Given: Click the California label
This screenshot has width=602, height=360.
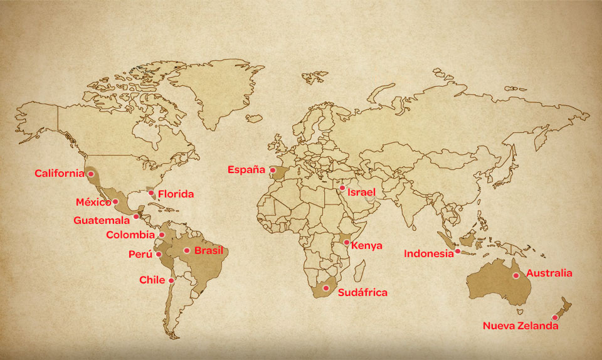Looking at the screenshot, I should coord(59,173).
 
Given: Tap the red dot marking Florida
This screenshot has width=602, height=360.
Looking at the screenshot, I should coord(151,193).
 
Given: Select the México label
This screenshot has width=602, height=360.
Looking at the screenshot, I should coord(93,202).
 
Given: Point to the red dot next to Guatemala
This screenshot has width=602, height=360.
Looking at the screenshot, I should coord(136,216).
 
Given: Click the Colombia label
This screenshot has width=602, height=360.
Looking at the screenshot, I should coord(130,235).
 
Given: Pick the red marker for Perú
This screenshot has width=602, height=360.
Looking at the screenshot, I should coord(159,254).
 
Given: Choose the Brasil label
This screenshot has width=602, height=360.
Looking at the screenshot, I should coord(209,250).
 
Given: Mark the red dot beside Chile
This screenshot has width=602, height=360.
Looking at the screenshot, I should coord(171,280).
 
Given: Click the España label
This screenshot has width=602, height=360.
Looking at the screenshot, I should coord(247,169).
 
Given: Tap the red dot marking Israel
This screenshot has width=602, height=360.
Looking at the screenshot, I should coord(342,188).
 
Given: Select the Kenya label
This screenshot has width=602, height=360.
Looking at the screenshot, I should coord(367,246).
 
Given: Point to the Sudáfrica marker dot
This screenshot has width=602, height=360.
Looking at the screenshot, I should coord(325,288).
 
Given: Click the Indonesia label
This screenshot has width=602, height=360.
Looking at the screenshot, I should coord(428,254).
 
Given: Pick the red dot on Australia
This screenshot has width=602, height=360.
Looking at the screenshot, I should coord(515,275).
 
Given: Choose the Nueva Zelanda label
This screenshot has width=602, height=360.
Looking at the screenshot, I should coord(520,326).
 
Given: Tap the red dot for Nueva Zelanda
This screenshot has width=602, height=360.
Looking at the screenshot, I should coord(554,317).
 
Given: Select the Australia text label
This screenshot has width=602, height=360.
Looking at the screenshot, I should coord(549,273).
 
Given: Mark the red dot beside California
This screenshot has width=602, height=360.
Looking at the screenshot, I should coord(91,173).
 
